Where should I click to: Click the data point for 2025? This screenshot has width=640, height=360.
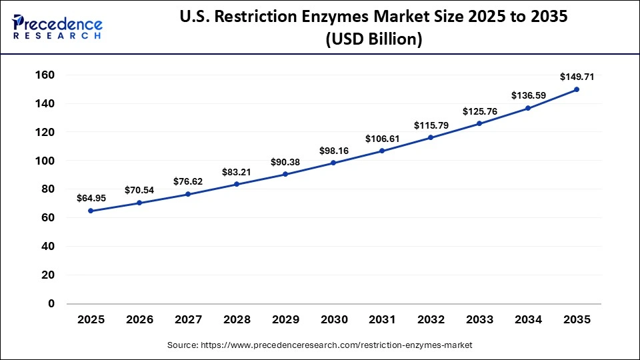[91, 211]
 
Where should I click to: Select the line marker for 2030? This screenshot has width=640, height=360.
[333, 163]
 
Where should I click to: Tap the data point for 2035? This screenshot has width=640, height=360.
[577, 89]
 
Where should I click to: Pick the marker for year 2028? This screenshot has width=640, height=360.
[237, 184]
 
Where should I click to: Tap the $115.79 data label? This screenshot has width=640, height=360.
[431, 125]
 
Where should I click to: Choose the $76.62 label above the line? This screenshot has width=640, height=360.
[188, 181]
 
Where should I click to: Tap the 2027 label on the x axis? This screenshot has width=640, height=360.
[188, 320]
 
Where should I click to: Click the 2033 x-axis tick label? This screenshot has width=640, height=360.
[479, 320]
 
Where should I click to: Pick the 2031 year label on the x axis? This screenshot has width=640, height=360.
[382, 320]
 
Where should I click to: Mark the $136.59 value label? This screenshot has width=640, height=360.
[528, 95]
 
